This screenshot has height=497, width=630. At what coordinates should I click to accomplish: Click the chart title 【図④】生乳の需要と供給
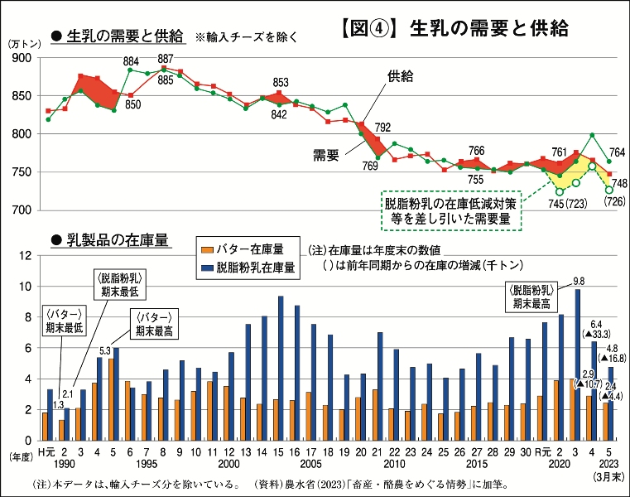click(x=454, y=28)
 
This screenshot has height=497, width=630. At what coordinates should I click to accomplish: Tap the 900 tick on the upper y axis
click(x=22, y=58)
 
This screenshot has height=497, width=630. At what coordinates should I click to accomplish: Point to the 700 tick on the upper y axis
click(x=22, y=210)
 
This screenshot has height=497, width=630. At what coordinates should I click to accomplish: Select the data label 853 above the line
click(x=281, y=83)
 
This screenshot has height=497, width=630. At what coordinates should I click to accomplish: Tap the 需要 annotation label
click(x=326, y=154)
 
